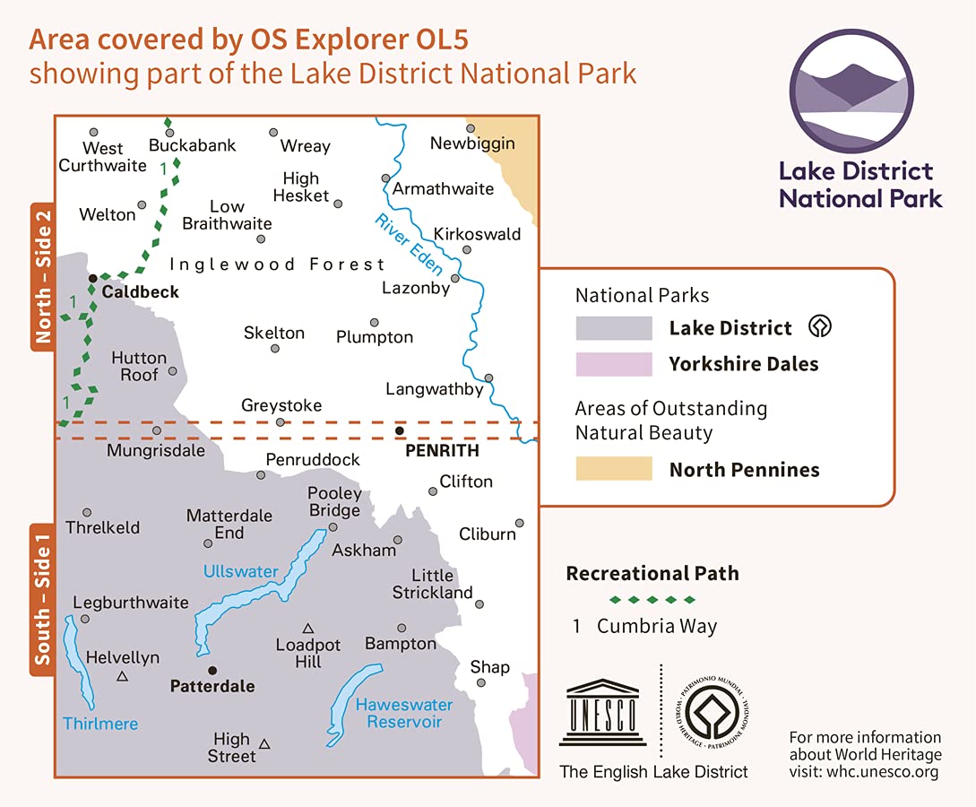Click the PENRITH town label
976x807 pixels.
click(x=442, y=450)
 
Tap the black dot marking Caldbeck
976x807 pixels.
click(x=92, y=279)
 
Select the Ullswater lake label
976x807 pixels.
click(x=240, y=571)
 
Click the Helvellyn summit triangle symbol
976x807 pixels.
click(x=122, y=677)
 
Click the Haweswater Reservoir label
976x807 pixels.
click(x=403, y=713)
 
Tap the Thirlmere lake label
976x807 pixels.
click(x=100, y=723)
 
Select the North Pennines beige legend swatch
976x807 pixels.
click(x=614, y=469)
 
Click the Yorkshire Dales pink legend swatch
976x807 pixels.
click(x=614, y=364)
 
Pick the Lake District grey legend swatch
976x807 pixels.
click(x=614, y=328)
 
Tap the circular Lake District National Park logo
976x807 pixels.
click(x=851, y=92)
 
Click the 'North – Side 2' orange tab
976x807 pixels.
click(x=42, y=276)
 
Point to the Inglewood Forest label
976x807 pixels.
click(x=277, y=265)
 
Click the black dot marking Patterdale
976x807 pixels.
click(x=212, y=670)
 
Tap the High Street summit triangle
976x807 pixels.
click(x=264, y=743)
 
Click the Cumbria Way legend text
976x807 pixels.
click(x=657, y=627)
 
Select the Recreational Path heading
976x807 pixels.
click(x=652, y=574)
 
